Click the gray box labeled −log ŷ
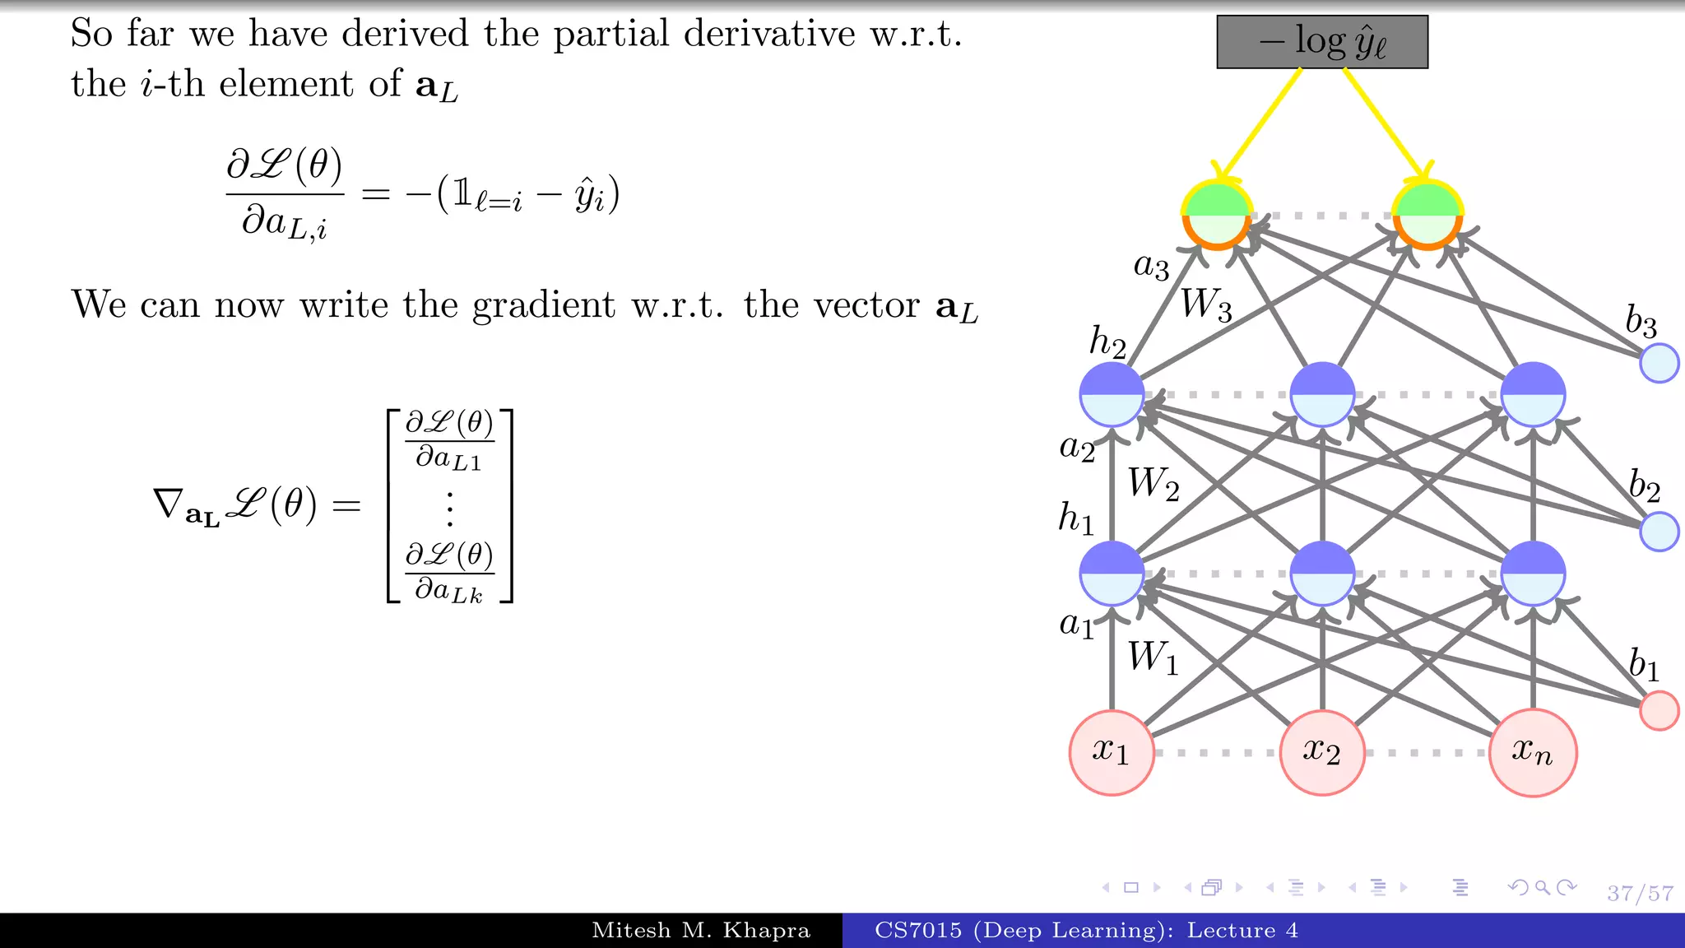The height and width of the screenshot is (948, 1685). coord(1321,42)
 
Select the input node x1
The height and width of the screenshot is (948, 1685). coord(1112,752)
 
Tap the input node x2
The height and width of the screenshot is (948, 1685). coord(1322,752)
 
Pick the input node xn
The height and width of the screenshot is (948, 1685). coord(1532,752)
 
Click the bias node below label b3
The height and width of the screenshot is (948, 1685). coord(1659,363)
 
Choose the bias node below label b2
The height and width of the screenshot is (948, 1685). coord(1659,531)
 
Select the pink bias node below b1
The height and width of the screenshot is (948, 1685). coord(1659,710)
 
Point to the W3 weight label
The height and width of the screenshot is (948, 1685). coord(1206,305)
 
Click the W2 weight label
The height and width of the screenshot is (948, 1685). coord(1154,484)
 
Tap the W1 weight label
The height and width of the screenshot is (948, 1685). coord(1153,658)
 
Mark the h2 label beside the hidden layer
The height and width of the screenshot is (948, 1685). coord(1107,342)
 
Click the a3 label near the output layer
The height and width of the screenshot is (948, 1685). coord(1151,266)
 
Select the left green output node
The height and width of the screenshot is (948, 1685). coord(1217,215)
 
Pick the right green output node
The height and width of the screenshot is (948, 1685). coord(1427,215)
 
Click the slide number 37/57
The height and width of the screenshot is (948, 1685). coord(1640,893)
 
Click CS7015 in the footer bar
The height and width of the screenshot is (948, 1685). coord(917,931)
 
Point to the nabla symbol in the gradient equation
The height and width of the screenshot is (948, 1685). coord(169,504)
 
